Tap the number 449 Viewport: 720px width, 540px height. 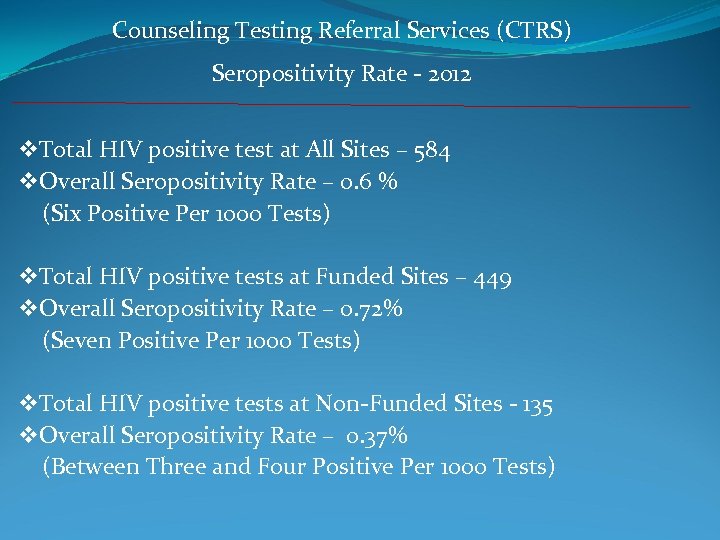(491, 278)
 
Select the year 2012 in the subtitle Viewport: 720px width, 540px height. (445, 74)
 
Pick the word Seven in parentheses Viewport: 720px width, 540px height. (80, 341)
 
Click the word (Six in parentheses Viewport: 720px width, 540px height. (64, 214)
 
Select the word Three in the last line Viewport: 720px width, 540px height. (176, 467)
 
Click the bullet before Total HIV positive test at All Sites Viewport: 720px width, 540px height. (28, 151)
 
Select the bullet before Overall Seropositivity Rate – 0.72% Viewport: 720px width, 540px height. (28, 309)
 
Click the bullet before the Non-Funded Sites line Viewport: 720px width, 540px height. (28, 404)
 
